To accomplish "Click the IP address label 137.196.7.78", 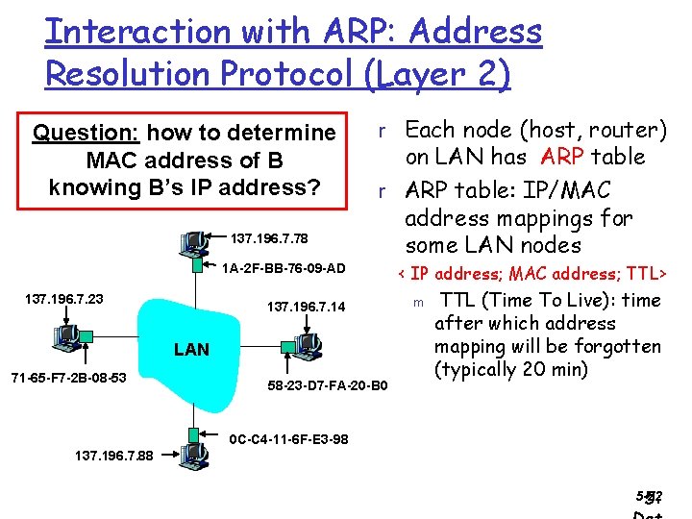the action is (x=270, y=237).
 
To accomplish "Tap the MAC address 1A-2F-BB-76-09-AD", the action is (x=284, y=267).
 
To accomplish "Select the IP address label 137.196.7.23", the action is (x=63, y=299).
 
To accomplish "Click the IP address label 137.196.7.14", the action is (x=306, y=307).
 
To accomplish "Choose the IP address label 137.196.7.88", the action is (x=113, y=456).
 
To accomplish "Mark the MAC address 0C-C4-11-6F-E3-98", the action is (x=289, y=439).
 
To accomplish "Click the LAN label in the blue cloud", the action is (x=191, y=349).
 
